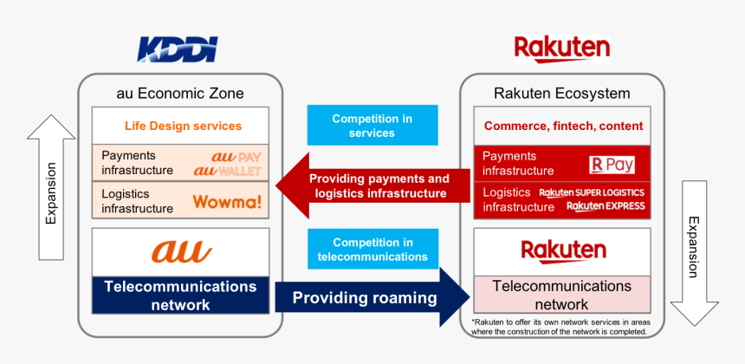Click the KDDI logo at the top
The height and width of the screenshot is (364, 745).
178,49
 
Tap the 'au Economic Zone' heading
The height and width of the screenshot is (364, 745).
180,93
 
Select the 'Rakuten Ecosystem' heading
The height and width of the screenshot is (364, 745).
561,93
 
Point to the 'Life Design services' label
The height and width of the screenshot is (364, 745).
183,126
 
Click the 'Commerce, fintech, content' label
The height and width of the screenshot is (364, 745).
563,126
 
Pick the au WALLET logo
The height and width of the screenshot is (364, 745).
227,171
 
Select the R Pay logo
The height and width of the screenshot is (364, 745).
612,164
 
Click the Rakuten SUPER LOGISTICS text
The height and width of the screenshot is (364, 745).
592,192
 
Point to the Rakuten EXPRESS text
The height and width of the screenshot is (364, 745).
605,206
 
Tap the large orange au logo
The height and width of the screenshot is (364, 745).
181,251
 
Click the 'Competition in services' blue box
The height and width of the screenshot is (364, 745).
372,126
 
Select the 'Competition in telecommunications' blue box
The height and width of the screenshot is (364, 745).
372,249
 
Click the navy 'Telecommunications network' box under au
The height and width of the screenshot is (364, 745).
180,295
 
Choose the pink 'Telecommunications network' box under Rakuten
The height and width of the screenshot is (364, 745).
561,295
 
